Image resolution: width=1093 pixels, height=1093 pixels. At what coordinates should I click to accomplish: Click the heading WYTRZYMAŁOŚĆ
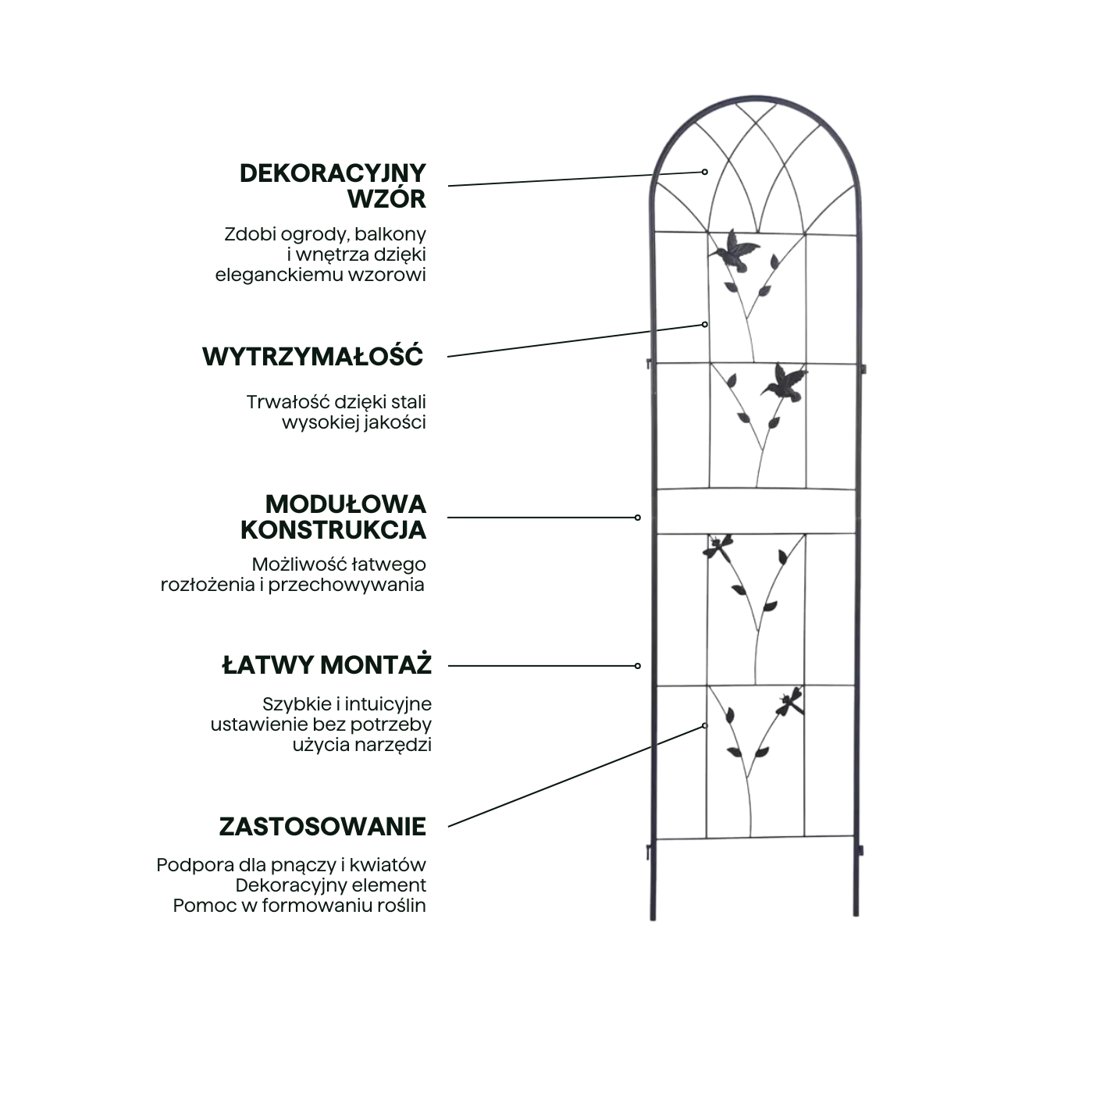click(313, 356)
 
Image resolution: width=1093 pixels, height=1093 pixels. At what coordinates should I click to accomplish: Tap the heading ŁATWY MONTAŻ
click(326, 665)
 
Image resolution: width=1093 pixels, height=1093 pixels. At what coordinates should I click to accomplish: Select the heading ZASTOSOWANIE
click(322, 827)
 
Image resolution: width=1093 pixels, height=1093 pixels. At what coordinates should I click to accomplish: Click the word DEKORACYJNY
click(333, 173)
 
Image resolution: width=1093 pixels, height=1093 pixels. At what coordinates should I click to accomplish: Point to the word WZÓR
click(386, 198)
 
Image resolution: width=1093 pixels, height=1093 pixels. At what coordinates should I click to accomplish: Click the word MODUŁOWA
click(345, 504)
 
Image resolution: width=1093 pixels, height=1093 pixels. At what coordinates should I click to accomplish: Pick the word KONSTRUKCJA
click(333, 530)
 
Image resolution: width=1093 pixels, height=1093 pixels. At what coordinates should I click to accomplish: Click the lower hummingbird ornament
click(785, 383)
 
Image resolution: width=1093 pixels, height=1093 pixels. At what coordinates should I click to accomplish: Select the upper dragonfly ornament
click(718, 547)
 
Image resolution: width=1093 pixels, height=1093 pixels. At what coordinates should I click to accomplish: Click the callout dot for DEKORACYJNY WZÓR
click(705, 172)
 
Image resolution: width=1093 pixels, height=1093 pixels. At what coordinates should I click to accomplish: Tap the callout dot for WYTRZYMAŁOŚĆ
click(705, 325)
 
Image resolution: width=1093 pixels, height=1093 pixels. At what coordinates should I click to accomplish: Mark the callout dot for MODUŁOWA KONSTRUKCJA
click(638, 518)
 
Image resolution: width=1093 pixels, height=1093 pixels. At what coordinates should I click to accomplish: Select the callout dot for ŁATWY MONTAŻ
click(638, 666)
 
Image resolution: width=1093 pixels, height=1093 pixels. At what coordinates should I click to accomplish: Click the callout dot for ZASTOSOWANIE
click(705, 725)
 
